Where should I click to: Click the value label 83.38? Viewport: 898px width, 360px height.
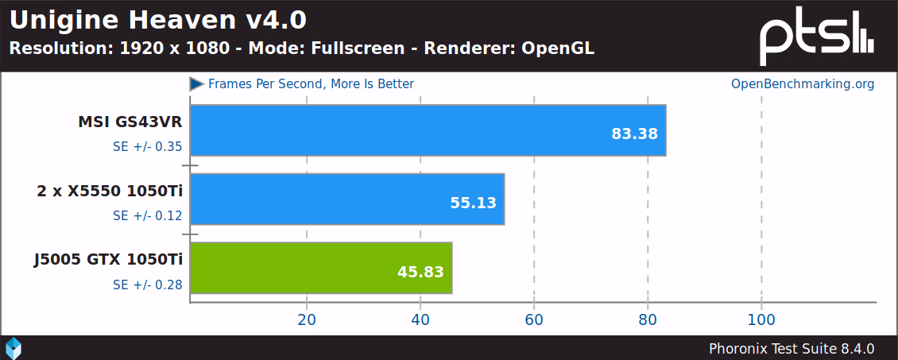click(x=634, y=134)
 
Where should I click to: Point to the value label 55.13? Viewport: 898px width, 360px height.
click(x=473, y=203)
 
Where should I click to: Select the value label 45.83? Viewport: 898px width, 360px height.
click(x=420, y=272)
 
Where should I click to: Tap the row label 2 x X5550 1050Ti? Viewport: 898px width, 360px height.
click(x=110, y=191)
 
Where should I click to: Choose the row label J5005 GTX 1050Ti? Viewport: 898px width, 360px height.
click(x=108, y=259)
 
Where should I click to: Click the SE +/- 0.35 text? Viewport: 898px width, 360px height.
click(x=148, y=146)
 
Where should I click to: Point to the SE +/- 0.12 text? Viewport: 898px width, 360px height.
click(x=148, y=215)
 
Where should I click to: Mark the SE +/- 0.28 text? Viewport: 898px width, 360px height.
click(x=148, y=285)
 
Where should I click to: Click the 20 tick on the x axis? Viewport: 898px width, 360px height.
click(x=307, y=319)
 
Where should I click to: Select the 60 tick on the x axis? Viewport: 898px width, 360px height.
click(x=534, y=319)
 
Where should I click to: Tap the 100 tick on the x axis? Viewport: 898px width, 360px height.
click(x=761, y=319)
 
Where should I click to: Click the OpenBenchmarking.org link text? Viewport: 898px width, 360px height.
click(x=803, y=83)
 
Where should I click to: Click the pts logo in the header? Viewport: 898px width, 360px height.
click(x=817, y=37)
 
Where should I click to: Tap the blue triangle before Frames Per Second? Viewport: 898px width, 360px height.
click(x=196, y=83)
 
